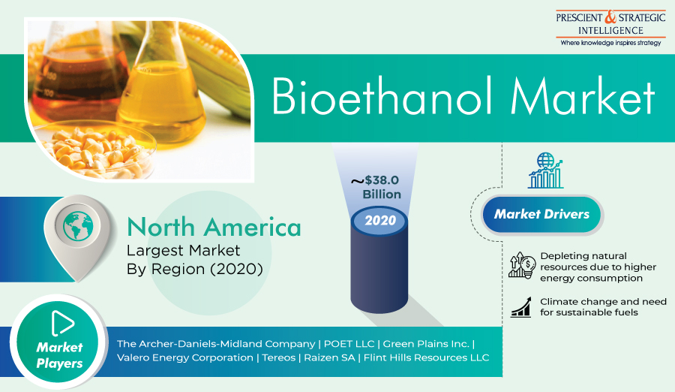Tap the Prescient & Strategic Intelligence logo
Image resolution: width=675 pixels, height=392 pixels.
pos(610,28)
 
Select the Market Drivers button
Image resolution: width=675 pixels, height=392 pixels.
pos(541,214)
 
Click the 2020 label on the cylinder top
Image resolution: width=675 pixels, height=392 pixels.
pos(380,220)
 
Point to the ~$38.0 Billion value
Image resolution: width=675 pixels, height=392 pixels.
pos(376,187)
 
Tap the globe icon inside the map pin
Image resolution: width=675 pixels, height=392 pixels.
pos(78,226)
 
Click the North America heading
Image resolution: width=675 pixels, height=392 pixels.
pos(214,228)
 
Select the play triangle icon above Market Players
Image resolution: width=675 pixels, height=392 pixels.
pos(62,322)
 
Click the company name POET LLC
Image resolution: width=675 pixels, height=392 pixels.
pos(349,344)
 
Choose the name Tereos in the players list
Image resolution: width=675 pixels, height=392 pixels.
pos(278,357)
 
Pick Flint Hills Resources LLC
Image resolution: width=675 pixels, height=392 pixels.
pos(426,357)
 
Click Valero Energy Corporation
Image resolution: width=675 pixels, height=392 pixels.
pos(185,358)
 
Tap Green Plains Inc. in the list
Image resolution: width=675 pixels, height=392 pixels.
pos(426,344)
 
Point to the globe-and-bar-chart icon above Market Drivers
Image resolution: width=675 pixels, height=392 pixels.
pos(546,170)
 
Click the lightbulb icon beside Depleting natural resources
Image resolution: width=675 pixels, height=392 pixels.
pos(522,265)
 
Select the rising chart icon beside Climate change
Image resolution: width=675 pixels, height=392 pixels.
pos(520,307)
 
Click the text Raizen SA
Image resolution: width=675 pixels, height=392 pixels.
pos(330,357)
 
